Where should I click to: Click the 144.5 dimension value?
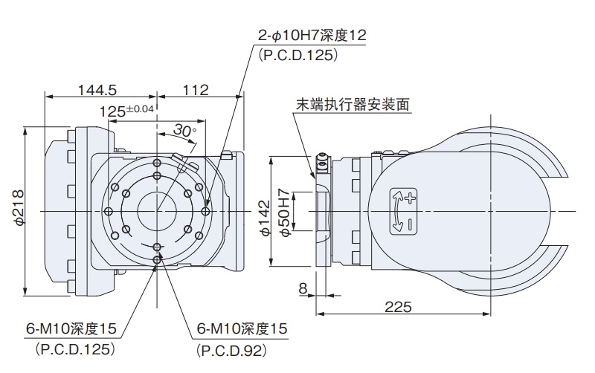(97, 90)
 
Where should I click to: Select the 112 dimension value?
(195, 90)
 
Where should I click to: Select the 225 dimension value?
(397, 306)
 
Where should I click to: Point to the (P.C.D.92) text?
(230, 348)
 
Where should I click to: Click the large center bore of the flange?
(157, 210)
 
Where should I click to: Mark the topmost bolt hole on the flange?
(156, 163)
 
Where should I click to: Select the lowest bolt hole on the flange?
(156, 258)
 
